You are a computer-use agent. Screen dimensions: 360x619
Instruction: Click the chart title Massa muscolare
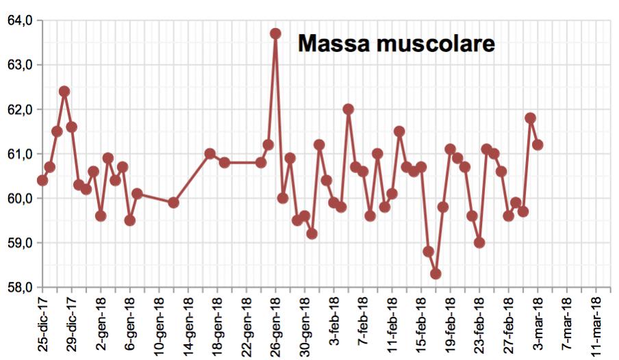tap(396, 44)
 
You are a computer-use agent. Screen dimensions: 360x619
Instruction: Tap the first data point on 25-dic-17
tap(42, 180)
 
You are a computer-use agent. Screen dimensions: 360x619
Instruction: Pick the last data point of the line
tap(538, 144)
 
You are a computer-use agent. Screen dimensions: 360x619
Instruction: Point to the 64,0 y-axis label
tap(20, 21)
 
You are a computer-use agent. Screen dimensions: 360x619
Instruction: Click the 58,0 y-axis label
tap(20, 287)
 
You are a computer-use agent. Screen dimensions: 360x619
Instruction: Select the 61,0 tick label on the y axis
tap(20, 154)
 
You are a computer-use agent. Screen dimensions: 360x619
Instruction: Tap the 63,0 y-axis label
tap(20, 65)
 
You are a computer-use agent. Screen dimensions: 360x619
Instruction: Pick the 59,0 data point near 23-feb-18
tap(479, 242)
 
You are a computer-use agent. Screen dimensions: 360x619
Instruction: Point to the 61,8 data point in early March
tap(530, 118)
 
